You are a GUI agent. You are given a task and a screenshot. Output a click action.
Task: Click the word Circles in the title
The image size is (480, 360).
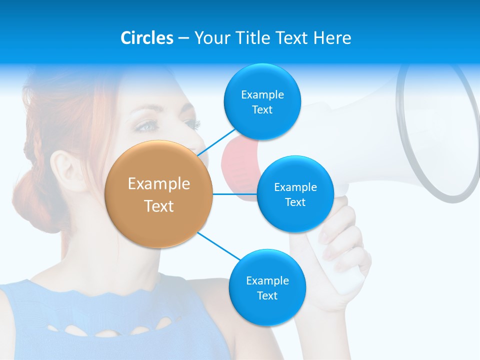tap(146, 38)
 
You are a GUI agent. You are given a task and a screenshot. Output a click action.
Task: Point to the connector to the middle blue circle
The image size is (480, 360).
tap(235, 194)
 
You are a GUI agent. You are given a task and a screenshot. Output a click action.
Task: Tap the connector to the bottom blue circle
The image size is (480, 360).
tap(220, 246)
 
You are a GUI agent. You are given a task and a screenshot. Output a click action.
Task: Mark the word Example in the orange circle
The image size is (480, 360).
tap(159, 184)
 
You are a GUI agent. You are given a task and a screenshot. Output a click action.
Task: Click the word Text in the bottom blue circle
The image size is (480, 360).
tap(267, 295)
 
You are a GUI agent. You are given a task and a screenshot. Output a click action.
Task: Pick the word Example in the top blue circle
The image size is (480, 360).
tap(262, 95)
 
